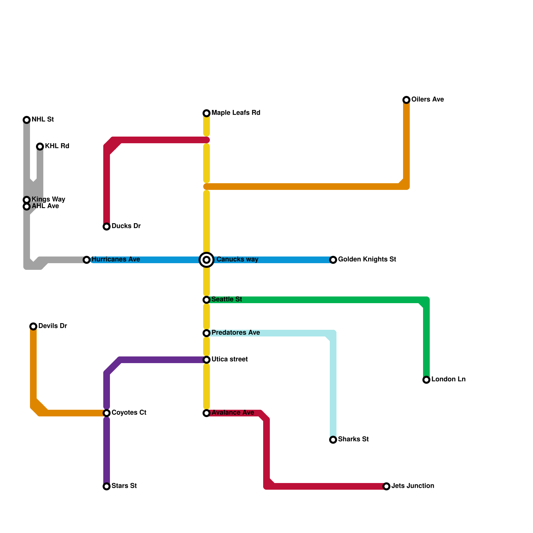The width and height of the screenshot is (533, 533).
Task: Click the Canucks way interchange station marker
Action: click(207, 260)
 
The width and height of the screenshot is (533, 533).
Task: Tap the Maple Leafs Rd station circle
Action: click(207, 113)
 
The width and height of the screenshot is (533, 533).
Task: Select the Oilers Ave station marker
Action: click(406, 100)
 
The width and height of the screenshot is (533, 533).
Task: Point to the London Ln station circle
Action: click(426, 380)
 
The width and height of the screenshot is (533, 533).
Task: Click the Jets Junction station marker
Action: click(386, 486)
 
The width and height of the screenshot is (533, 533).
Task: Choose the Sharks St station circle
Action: click(333, 440)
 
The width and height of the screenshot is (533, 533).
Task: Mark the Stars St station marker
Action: click(107, 486)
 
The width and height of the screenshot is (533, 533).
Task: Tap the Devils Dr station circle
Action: click(33, 326)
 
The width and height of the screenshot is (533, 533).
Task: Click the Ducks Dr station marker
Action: click(107, 227)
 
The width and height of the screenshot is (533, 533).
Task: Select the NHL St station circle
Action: click(27, 120)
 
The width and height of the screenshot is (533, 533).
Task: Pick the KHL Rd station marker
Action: click(40, 147)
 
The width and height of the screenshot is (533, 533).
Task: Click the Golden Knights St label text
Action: click(367, 259)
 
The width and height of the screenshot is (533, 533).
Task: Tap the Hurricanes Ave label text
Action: click(116, 259)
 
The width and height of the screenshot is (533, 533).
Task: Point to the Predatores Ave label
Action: click(236, 332)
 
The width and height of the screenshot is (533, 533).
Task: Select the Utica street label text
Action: click(230, 359)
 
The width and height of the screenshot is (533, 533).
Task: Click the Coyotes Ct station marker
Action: click(107, 413)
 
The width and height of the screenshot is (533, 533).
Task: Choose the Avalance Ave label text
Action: click(233, 412)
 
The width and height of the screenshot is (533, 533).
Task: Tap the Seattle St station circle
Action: click(207, 300)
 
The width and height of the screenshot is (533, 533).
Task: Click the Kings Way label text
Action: click(48, 199)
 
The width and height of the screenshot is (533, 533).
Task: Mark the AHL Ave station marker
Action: click(27, 207)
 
